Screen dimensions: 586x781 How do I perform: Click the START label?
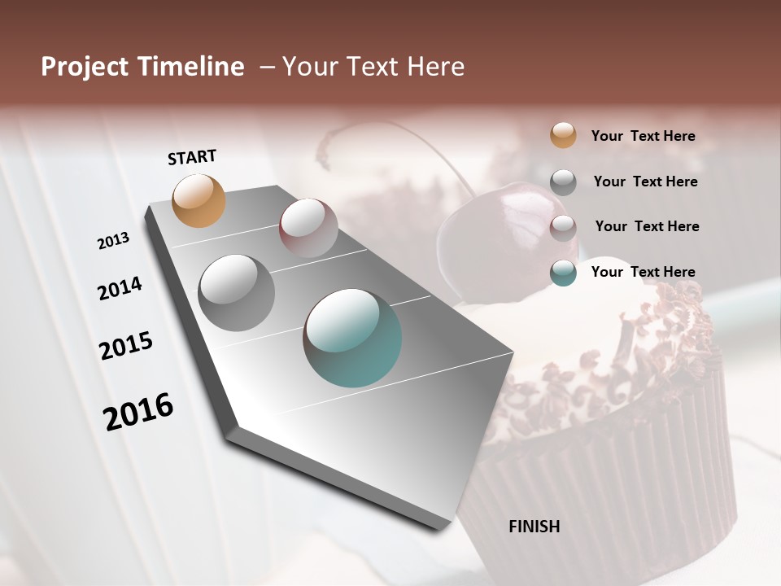click(x=192, y=157)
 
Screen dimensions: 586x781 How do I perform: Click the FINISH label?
click(x=534, y=527)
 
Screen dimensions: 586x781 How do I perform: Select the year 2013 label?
click(x=113, y=241)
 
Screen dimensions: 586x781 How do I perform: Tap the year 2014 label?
click(x=120, y=288)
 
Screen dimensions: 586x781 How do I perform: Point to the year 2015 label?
click(x=126, y=345)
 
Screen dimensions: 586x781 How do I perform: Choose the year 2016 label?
click(x=138, y=411)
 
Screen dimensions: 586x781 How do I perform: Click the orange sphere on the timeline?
click(x=199, y=200)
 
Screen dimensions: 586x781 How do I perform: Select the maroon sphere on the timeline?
click(x=308, y=228)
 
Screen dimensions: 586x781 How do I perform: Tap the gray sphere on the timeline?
click(x=236, y=292)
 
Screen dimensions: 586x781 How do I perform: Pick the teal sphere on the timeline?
click(x=352, y=338)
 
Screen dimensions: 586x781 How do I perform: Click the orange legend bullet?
click(x=563, y=135)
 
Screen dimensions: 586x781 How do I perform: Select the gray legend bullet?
click(x=563, y=181)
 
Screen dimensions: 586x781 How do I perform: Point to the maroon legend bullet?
click(x=563, y=227)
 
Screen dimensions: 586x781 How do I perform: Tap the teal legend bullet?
click(x=563, y=273)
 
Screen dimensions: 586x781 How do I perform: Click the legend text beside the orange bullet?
click(x=643, y=136)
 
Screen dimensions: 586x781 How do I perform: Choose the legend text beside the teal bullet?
click(x=643, y=272)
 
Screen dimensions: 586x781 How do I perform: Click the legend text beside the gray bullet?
click(x=645, y=181)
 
